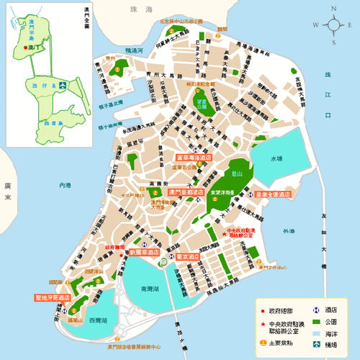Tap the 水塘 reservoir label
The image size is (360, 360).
tap(276, 158)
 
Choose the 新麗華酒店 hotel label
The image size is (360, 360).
tap(145, 253)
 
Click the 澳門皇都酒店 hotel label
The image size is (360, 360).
tap(186, 192)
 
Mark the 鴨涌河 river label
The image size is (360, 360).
tap(135, 51)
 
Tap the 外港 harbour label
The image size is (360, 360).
tap(288, 231)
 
